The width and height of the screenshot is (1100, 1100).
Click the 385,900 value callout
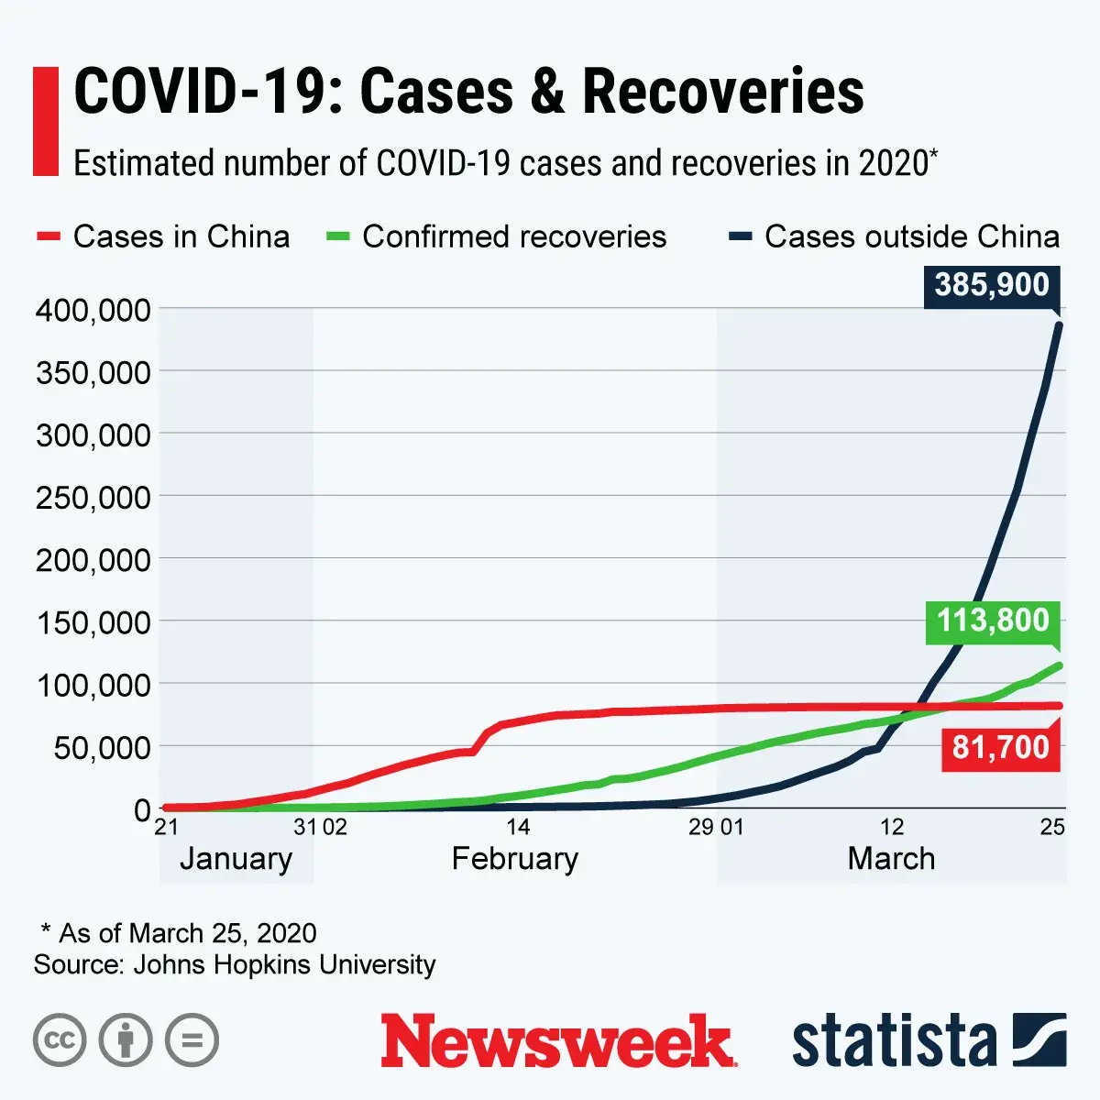tap(992, 285)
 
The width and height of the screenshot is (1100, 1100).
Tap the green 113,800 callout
tap(993, 621)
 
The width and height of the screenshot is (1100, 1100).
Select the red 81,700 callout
tap(1000, 747)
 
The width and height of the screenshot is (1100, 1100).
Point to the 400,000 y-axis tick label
tap(93, 310)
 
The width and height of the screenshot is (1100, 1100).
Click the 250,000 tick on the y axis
tap(93, 498)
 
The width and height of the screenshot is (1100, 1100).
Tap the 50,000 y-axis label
tap(102, 748)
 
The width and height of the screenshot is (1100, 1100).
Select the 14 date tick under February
tap(518, 827)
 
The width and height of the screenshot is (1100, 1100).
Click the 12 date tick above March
tap(892, 827)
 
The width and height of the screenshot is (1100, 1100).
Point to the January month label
tap(236, 859)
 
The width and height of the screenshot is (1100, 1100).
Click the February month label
tap(515, 859)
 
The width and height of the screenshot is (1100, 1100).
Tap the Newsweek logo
tap(558, 1041)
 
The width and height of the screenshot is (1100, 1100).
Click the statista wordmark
tap(894, 1041)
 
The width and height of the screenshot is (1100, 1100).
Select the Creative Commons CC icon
tap(60, 1040)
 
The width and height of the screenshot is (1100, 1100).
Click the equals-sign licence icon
tap(192, 1040)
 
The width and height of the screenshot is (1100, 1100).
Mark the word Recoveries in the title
tap(722, 92)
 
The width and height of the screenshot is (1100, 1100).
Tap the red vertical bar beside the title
tap(46, 121)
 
